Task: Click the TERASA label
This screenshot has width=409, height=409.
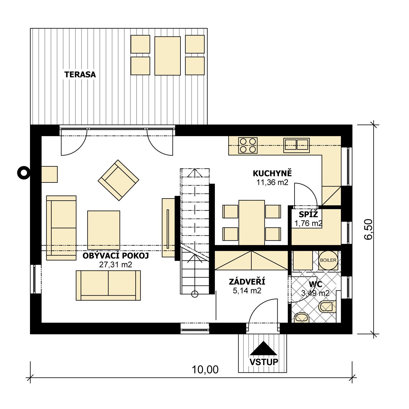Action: (x=80, y=74)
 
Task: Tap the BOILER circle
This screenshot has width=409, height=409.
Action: (x=328, y=260)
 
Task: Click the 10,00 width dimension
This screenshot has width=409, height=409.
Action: (x=205, y=370)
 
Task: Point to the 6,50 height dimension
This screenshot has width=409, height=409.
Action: (x=368, y=229)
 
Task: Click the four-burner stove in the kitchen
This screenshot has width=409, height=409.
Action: (x=248, y=145)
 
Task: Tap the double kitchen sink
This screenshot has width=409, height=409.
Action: (x=296, y=145)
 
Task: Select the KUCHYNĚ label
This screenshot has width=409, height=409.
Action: (x=272, y=173)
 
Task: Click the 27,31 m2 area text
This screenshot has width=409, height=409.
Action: (x=116, y=264)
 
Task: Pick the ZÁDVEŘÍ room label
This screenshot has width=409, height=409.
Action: (x=247, y=282)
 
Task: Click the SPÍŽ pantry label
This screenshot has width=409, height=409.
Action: (x=308, y=214)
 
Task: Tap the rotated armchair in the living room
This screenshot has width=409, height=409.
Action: (x=118, y=180)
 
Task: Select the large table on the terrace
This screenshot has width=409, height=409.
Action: (x=167, y=56)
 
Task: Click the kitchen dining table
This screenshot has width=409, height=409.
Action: (x=252, y=222)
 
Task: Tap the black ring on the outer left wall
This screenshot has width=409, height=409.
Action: (x=24, y=172)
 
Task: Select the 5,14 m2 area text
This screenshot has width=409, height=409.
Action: (x=247, y=291)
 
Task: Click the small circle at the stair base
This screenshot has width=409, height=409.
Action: (x=195, y=294)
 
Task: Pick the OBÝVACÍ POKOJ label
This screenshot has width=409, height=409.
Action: (x=116, y=256)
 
